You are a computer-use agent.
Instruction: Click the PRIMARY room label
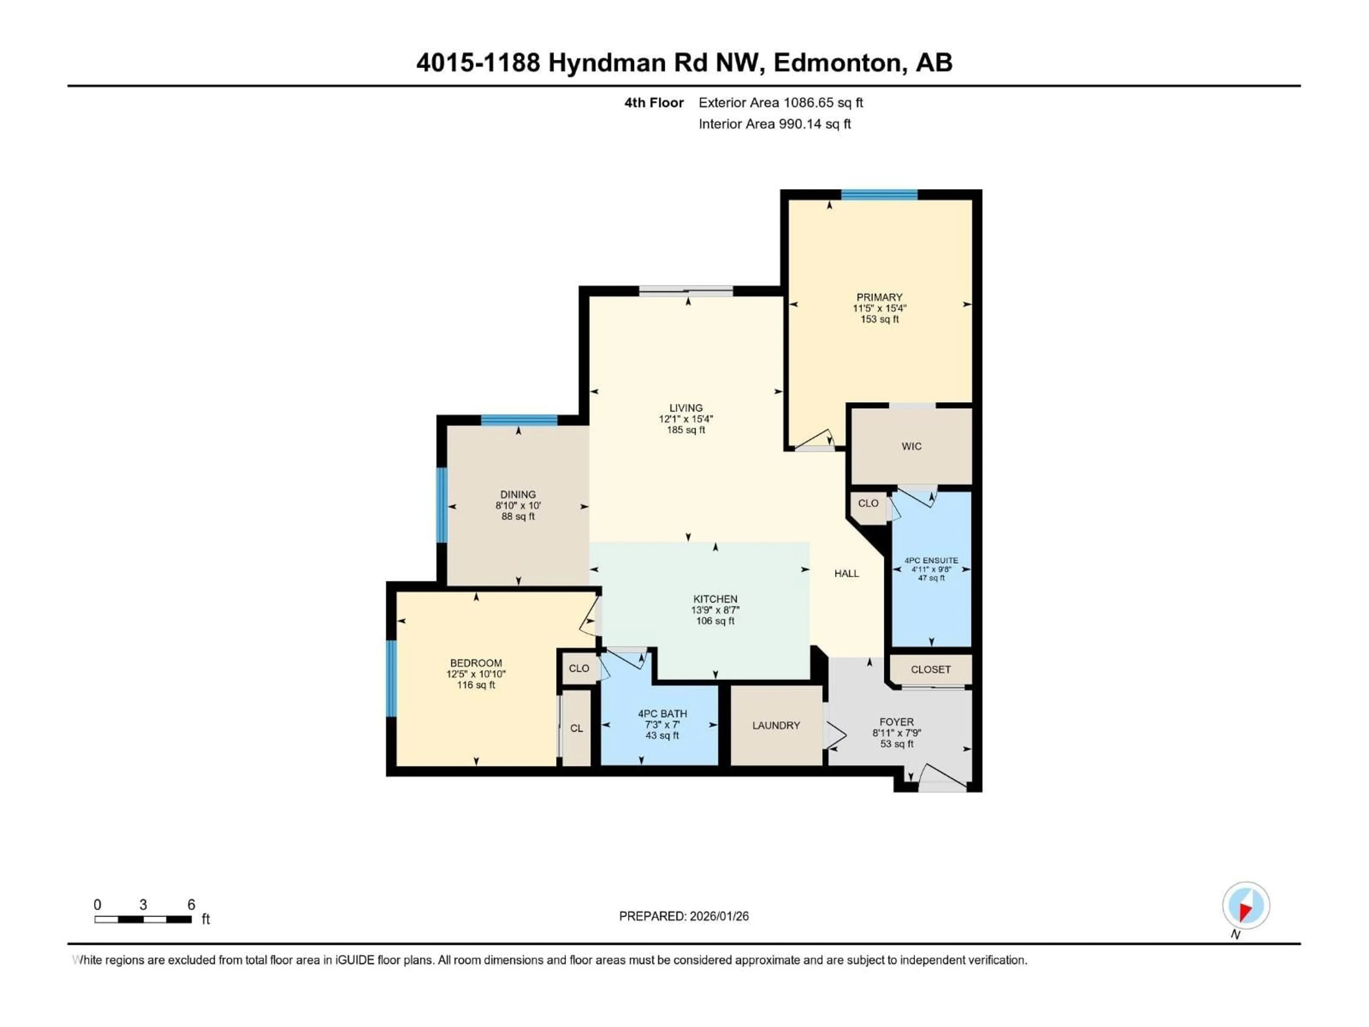tap(879, 297)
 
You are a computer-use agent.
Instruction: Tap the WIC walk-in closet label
tap(911, 446)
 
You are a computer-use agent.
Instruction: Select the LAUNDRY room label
tap(776, 726)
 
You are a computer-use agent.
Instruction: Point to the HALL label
tap(846, 574)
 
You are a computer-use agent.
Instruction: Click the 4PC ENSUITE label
tap(931, 560)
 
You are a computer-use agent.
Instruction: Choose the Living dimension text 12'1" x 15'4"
tap(686, 419)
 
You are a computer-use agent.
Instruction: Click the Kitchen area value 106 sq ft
tap(715, 621)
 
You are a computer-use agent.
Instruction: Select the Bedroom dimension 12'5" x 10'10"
tap(476, 674)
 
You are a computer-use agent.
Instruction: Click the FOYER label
tap(896, 722)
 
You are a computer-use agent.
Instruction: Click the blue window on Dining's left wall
tap(442, 505)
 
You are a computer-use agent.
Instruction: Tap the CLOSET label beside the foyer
tap(930, 669)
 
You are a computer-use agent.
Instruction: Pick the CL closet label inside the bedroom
tap(576, 729)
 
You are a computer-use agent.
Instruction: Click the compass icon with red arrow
tap(1246, 906)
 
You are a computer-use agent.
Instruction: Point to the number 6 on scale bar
tap(191, 904)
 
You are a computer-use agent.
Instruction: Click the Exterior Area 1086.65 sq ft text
tap(780, 103)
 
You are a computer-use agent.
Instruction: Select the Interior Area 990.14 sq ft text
tap(774, 124)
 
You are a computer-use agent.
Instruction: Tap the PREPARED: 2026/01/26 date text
tap(684, 916)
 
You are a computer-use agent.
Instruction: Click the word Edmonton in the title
tap(837, 62)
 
